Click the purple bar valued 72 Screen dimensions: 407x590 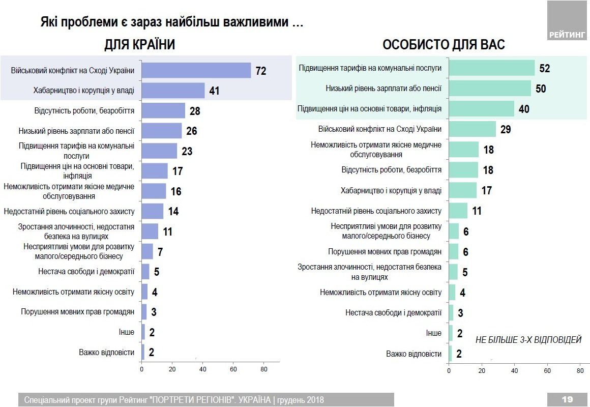pyautogui.click(x=196, y=70)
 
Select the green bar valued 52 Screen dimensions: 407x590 pyautogui.click(x=491, y=68)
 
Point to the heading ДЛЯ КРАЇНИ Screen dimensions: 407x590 pyautogui.click(x=139, y=45)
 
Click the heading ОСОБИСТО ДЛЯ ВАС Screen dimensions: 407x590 pyautogui.click(x=444, y=45)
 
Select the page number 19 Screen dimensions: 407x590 pyautogui.click(x=567, y=399)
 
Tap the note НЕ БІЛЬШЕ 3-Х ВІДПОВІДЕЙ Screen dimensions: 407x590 pyautogui.click(x=528, y=340)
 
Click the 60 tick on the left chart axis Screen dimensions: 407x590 pyautogui.click(x=233, y=369)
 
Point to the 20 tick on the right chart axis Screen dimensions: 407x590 pyautogui.click(x=481, y=371)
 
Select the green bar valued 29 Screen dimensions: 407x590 pyautogui.click(x=472, y=129)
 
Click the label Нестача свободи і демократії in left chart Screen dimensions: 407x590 pyautogui.click(x=86, y=272)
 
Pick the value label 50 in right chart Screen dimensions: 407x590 pyautogui.click(x=540, y=89)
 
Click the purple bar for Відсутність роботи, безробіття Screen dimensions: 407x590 pyautogui.click(x=163, y=110)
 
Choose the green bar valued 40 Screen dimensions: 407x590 pyautogui.click(x=481, y=108)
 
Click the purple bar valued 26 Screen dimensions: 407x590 pyautogui.click(x=161, y=131)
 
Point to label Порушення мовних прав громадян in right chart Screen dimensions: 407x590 pyautogui.click(x=385, y=251)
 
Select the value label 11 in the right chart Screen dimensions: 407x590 pyautogui.click(x=476, y=211)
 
